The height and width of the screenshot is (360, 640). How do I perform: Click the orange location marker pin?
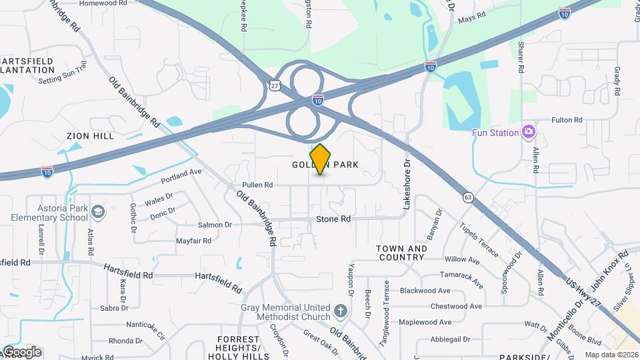[x=321, y=159]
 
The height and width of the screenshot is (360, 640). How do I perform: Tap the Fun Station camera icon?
[x=529, y=132]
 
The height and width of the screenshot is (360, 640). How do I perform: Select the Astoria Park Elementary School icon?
[x=98, y=212]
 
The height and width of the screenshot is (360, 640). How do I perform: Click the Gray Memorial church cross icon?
[x=341, y=311]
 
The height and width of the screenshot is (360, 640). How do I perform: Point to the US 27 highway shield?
[x=275, y=85]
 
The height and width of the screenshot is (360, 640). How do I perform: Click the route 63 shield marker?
[x=468, y=197]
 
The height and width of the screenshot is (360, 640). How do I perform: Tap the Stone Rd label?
[x=333, y=219]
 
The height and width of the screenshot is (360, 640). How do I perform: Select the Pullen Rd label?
[x=258, y=185]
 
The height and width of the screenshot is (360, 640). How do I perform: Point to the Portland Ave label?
[x=181, y=176]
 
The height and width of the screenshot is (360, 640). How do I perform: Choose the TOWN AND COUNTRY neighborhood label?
[x=401, y=253]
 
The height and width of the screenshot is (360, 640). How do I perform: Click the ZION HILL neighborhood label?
[x=91, y=135]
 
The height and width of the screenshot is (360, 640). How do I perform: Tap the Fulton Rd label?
[x=567, y=120]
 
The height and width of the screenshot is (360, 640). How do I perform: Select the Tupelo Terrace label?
[x=479, y=241]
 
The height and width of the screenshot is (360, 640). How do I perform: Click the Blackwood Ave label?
[x=425, y=291]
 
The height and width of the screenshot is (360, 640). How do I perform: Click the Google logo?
[x=21, y=352]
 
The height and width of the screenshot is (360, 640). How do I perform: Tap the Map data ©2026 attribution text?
[x=611, y=355]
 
